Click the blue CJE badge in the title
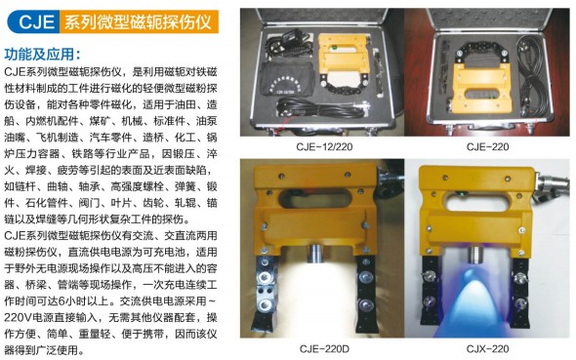(34, 21)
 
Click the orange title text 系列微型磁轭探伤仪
(138, 21)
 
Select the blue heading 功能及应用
(42, 54)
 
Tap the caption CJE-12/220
(324, 146)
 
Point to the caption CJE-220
(487, 146)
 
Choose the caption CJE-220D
(324, 348)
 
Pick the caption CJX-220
(487, 348)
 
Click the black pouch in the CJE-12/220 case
(288, 79)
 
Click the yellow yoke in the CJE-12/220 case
(344, 55)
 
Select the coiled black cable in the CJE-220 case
(531, 69)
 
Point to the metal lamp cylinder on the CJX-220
(476, 255)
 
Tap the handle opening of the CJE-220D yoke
(314, 201)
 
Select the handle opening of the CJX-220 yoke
(476, 201)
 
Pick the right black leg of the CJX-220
(521, 294)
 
